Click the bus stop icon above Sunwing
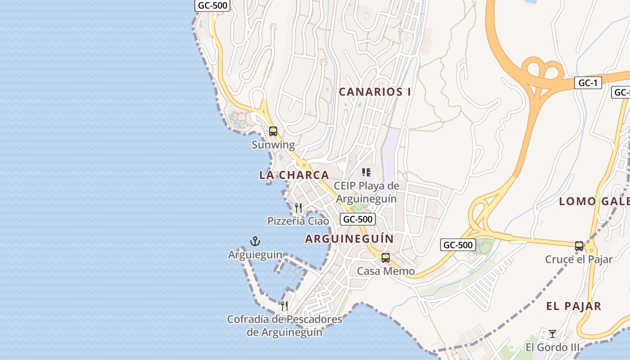point(273,131)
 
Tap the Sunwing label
point(273,145)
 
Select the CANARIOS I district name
point(375,92)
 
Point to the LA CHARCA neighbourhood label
point(294,175)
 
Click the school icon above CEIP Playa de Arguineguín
point(366,172)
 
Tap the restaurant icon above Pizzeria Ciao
point(298,207)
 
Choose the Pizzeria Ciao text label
point(298,221)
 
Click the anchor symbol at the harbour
point(255,241)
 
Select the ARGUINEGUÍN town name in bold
point(349,238)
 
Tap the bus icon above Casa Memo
point(386,258)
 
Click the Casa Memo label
point(386,271)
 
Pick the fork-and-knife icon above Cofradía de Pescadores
point(284,306)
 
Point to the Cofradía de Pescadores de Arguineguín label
point(284,326)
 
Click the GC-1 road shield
point(588,83)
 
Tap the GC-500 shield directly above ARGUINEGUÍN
point(357,219)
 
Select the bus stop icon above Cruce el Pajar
point(579,246)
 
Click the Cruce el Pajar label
point(579,260)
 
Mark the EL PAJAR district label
point(573,306)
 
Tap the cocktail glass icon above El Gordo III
point(553,334)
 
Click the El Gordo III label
point(553,347)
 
